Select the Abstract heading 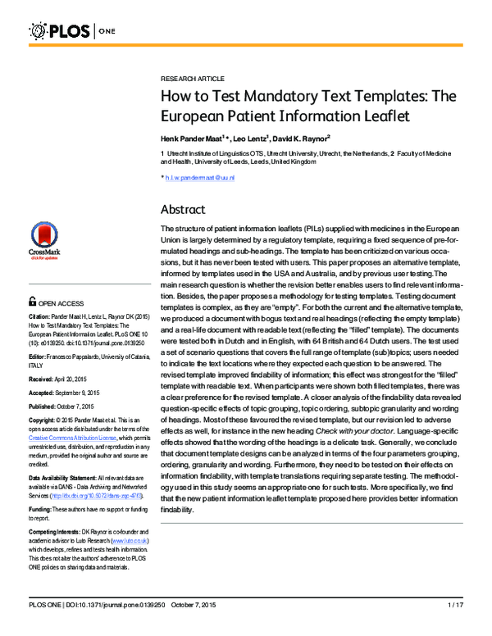point(183,209)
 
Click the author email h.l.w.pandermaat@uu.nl point(200,177)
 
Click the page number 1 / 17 point(455,627)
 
